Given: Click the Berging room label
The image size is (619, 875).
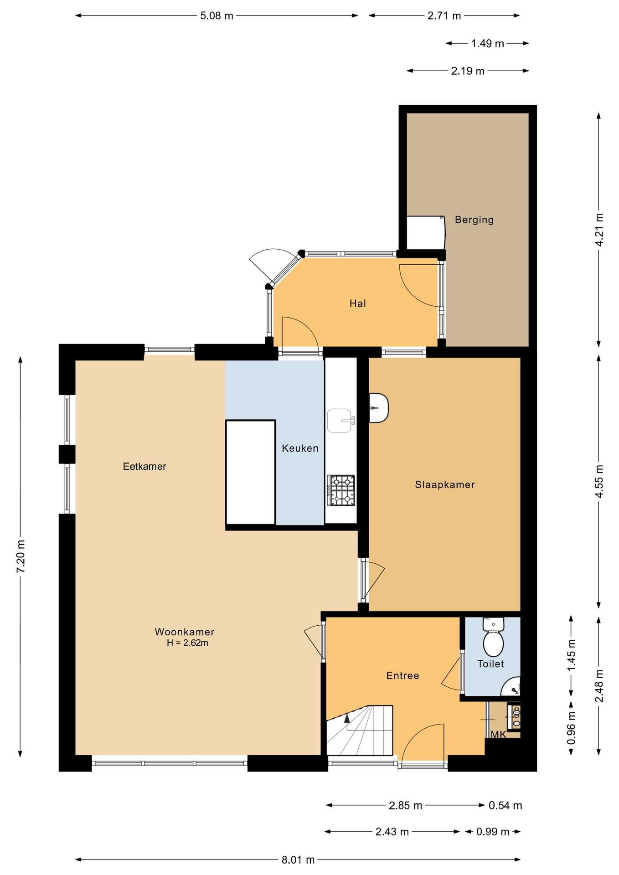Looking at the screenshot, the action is [x=474, y=220].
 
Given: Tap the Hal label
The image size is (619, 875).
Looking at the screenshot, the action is [x=358, y=304].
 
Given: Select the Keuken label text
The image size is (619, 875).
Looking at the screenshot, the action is [x=300, y=448].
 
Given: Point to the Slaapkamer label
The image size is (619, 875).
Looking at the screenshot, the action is [x=445, y=485].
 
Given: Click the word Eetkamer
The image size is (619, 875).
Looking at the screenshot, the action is [x=144, y=467].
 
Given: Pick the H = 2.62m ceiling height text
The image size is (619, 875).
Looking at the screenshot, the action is [x=187, y=643].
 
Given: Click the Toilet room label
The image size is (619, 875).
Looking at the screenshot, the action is [x=490, y=664].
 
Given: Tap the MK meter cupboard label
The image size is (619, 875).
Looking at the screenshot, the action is [x=498, y=735].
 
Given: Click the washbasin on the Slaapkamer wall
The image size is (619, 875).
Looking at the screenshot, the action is [x=379, y=408].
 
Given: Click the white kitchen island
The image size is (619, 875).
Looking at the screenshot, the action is [x=251, y=473].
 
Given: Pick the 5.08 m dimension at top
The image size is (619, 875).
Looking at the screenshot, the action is [x=217, y=16].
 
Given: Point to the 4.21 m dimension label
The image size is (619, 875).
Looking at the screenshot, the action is [x=599, y=230].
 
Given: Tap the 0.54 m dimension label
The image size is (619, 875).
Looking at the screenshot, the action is [x=505, y=805].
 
